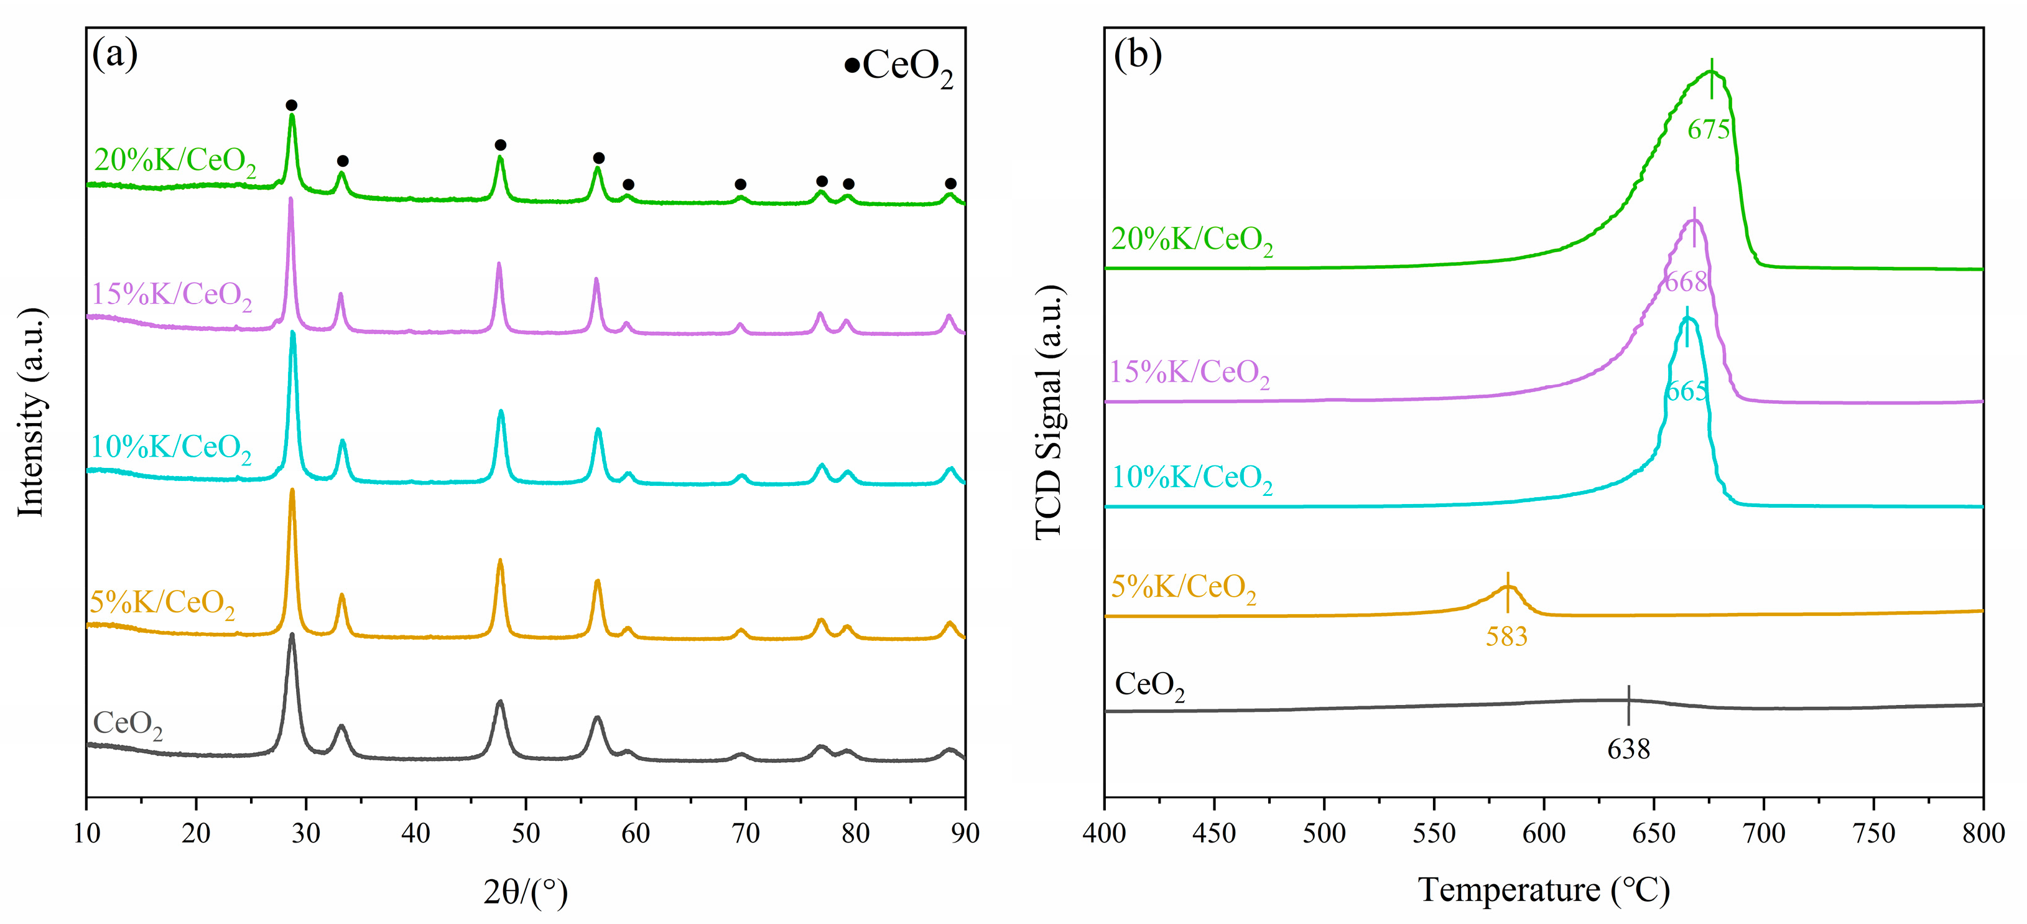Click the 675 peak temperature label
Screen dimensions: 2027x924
(x=1709, y=129)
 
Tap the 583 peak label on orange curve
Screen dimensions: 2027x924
(x=1506, y=636)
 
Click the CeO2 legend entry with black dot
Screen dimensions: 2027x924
(x=899, y=66)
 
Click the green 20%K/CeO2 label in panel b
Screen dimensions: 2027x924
(x=1191, y=240)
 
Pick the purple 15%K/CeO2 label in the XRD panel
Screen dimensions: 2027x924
(x=172, y=295)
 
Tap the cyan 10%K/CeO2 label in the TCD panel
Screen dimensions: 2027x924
(x=1191, y=478)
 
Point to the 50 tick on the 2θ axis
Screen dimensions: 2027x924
(x=526, y=833)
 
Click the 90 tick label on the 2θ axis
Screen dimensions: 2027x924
(x=965, y=833)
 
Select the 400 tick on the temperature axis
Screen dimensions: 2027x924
(x=1105, y=833)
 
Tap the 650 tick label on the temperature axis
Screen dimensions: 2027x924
(x=1654, y=833)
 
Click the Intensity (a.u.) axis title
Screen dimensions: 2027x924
(x=32, y=413)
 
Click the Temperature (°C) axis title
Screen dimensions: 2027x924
(x=1544, y=890)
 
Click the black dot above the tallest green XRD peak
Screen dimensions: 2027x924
(x=291, y=105)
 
